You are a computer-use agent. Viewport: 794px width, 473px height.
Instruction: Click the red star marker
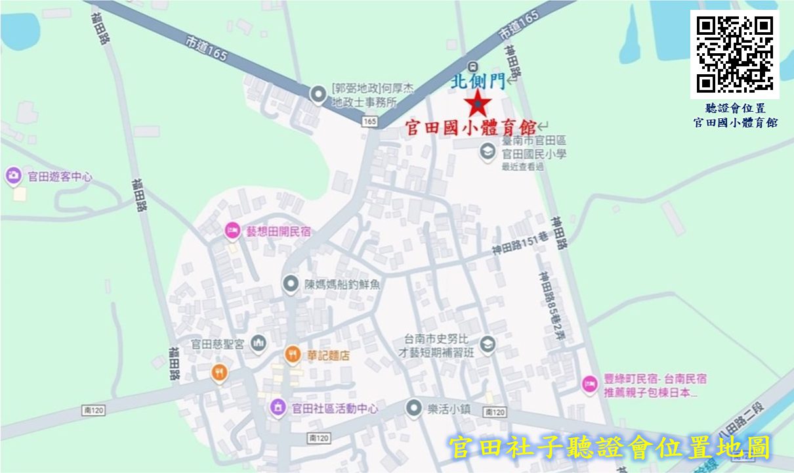[x=477, y=104]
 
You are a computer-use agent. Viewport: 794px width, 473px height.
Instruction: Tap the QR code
[x=734, y=54]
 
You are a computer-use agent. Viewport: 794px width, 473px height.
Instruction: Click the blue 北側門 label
[x=478, y=81]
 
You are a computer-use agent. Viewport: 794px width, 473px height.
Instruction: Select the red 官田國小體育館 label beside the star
[x=470, y=127]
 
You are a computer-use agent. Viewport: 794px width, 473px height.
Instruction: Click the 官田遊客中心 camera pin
[x=14, y=176]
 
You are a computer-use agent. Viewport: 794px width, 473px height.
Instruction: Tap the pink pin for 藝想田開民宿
[x=232, y=231]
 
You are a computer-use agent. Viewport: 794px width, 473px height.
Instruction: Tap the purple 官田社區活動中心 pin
[x=278, y=408]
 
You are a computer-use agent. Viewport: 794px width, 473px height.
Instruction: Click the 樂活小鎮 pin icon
[x=413, y=408]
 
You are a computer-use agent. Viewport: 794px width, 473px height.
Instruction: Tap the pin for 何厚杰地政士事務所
[x=318, y=95]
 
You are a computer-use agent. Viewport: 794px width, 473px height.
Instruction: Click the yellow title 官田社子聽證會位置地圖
[x=609, y=448]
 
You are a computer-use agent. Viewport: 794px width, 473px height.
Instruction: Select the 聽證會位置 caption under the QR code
[x=735, y=108]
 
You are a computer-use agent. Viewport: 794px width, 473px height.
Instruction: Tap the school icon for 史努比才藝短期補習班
[x=487, y=344]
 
